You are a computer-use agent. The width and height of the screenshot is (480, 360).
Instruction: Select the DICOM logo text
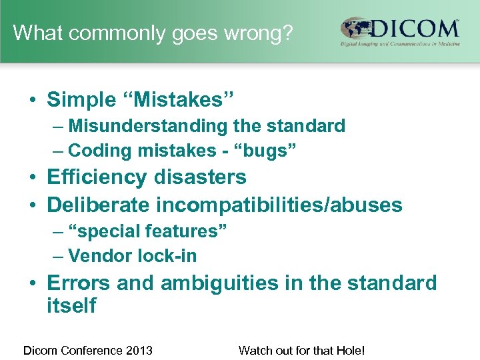[x=416, y=29]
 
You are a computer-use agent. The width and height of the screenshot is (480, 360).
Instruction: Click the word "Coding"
[x=100, y=151]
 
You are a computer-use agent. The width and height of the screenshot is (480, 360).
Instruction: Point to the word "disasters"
[x=200, y=177]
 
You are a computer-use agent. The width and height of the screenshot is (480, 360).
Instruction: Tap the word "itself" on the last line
[x=71, y=306]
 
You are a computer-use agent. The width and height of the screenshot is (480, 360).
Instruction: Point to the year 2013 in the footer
[x=139, y=350]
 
